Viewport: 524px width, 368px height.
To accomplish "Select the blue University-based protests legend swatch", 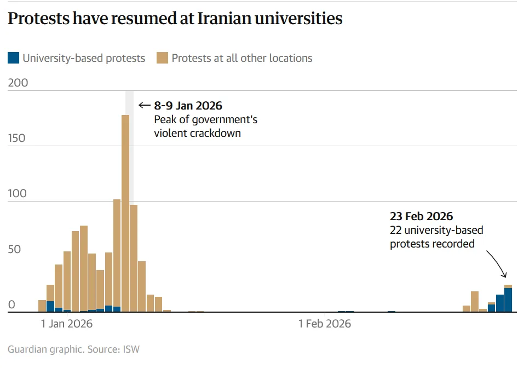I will (x=14, y=58).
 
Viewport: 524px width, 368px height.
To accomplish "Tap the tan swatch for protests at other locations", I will (x=162, y=58).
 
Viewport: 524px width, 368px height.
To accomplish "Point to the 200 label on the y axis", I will (x=17, y=83).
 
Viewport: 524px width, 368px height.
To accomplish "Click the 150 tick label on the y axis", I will (x=17, y=138).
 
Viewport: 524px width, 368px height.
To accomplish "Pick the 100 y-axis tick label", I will (x=17, y=194).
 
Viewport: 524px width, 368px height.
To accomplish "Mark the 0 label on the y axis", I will (x=12, y=305).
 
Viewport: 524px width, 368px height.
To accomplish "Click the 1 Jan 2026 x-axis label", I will (x=67, y=324).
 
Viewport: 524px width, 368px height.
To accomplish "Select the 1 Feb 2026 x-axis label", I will (x=325, y=324).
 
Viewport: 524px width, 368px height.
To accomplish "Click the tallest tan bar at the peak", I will (x=125, y=208).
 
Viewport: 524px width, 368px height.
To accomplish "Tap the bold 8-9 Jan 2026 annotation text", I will (x=188, y=106).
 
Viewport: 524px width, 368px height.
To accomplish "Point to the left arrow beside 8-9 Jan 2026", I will (x=144, y=106).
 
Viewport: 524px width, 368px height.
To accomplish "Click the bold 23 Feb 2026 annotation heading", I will (x=422, y=216).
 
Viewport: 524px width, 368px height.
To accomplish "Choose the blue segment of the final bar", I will (x=508, y=300).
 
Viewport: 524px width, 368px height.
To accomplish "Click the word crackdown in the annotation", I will (x=217, y=133).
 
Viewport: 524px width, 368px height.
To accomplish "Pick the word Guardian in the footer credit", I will (x=26, y=349).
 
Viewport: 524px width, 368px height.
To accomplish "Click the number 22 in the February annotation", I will (x=396, y=230).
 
